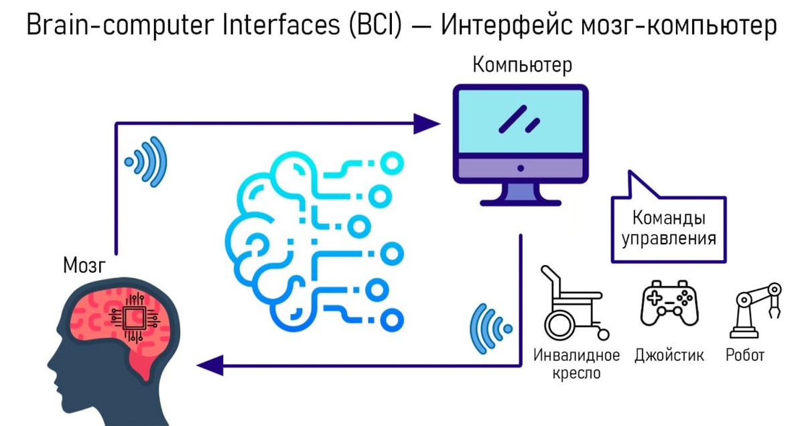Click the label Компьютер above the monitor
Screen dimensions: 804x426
(522, 66)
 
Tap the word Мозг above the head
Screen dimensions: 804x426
(84, 266)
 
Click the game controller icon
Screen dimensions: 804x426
(668, 305)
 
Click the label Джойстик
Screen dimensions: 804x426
(669, 355)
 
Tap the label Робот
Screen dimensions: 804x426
(745, 355)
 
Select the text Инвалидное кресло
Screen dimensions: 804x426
(576, 364)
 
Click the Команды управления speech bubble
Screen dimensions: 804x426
(668, 228)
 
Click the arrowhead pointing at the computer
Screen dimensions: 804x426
(426, 123)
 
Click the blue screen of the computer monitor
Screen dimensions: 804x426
(521, 121)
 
